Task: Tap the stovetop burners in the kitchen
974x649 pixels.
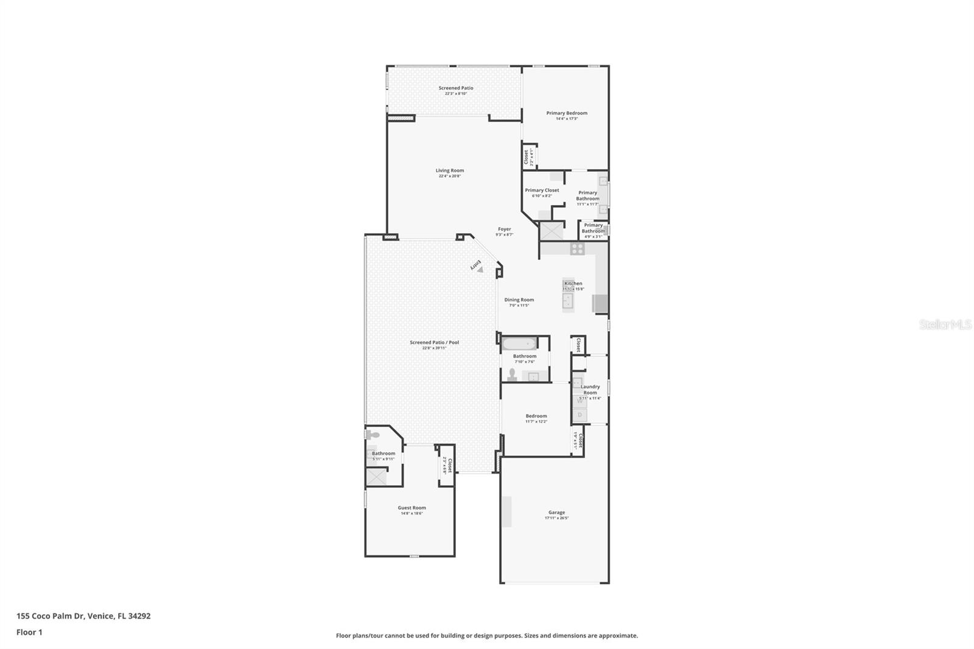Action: click(x=577, y=248)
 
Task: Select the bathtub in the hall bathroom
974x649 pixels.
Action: click(x=519, y=343)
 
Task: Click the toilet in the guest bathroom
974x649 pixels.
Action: click(x=373, y=435)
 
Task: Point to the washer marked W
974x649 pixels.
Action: click(x=580, y=401)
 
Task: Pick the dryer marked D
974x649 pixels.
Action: click(x=580, y=415)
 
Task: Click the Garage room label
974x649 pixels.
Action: click(x=556, y=513)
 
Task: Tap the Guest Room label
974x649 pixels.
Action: click(x=412, y=508)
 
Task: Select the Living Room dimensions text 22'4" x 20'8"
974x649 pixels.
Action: click(x=450, y=177)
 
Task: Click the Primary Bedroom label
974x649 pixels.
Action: click(x=567, y=113)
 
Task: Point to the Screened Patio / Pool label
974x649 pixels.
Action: click(x=434, y=343)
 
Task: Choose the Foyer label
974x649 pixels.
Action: click(x=505, y=229)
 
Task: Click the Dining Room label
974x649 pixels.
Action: click(x=519, y=300)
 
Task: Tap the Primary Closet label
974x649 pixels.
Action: click(x=542, y=190)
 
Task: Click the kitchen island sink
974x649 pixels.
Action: click(x=569, y=301)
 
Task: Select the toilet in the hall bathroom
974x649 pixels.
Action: click(x=512, y=374)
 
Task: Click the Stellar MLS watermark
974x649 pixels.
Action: click(x=945, y=325)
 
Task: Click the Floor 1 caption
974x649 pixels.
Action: click(x=29, y=633)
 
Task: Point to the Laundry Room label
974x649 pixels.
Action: click(x=590, y=389)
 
